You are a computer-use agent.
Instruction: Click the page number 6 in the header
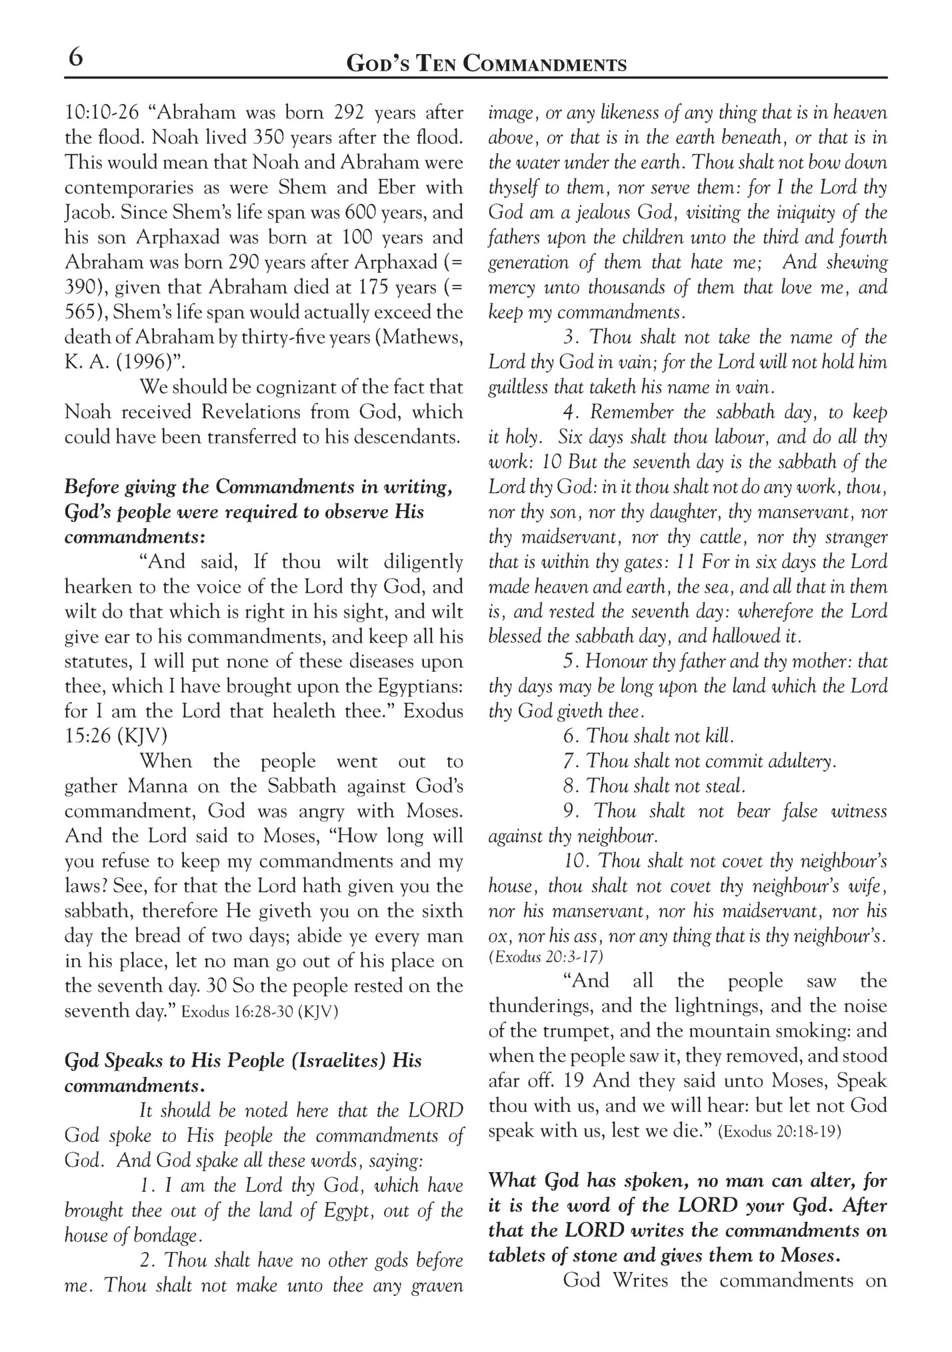75,58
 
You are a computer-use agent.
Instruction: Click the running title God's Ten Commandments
487,65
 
